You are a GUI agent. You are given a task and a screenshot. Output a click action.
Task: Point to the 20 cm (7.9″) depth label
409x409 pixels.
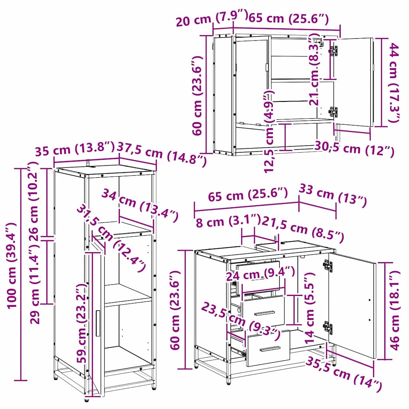(212, 18)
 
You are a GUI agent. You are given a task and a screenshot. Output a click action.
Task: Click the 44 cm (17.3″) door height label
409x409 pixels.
(394, 83)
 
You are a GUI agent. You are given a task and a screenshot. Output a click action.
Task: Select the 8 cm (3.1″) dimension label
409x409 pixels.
(228, 221)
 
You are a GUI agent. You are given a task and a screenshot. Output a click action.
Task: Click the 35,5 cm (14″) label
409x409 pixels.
(344, 375)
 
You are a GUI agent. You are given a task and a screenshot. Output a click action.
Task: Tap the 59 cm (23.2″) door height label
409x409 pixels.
(81, 324)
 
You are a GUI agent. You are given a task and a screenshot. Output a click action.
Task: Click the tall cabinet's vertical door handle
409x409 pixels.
(98, 323)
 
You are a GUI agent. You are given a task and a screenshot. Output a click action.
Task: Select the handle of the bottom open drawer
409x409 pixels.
(270, 349)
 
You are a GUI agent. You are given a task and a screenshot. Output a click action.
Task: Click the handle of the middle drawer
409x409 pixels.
(264, 313)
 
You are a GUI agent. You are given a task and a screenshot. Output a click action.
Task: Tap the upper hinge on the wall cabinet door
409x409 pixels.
(333, 51)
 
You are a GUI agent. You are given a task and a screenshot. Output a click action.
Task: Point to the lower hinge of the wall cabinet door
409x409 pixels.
(333, 112)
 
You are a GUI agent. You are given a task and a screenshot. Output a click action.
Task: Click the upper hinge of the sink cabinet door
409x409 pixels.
(328, 266)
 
